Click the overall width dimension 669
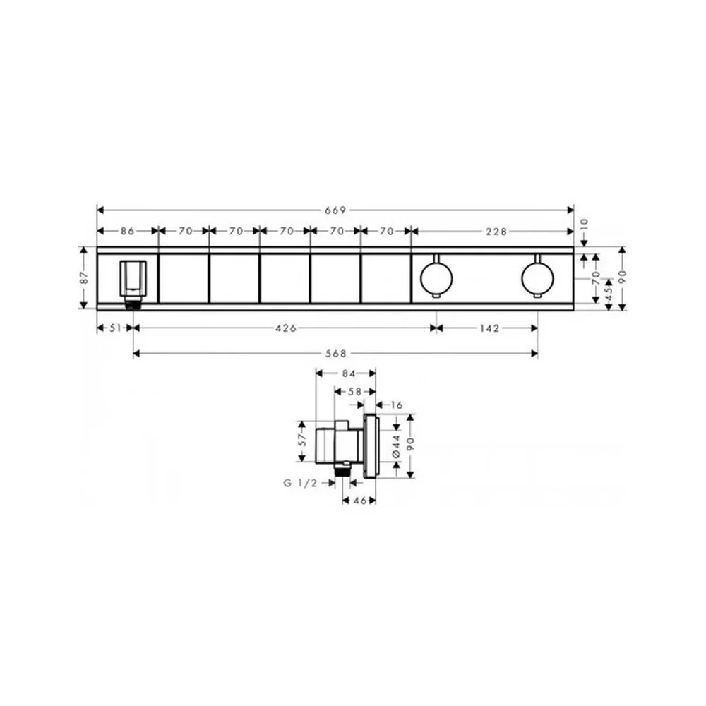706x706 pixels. click(335, 210)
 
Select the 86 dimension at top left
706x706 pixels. click(127, 231)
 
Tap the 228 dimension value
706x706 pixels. click(496, 232)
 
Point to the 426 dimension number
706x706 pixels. click(286, 328)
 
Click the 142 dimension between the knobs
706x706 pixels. click(489, 328)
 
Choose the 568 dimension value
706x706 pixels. click(336, 354)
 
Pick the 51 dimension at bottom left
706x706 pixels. click(115, 328)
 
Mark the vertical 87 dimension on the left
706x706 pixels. click(84, 277)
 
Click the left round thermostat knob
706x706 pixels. click(436, 277)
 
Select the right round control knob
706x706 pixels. click(537, 277)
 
